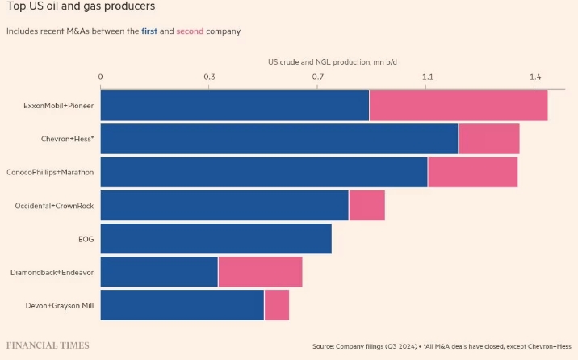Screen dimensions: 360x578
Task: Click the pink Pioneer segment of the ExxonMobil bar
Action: tap(459, 106)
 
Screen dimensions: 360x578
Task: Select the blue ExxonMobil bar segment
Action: tap(235, 106)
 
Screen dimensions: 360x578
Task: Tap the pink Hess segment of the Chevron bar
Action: tap(488, 139)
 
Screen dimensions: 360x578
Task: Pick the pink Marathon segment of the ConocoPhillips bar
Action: tap(472, 172)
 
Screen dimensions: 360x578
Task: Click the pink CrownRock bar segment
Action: tap(366, 205)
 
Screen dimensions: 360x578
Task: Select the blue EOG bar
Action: tap(216, 238)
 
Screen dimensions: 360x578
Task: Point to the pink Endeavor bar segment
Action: tap(260, 271)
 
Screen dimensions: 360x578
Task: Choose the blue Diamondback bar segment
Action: tap(159, 271)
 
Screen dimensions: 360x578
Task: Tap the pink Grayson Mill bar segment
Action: tap(276, 304)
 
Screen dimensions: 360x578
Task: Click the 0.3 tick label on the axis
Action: tap(209, 77)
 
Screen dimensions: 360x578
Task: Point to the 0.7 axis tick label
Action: tap(318, 77)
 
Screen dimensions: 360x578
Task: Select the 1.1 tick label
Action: tap(427, 77)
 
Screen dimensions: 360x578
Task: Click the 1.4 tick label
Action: tap(534, 77)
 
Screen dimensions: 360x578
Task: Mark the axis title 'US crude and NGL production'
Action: tap(333, 61)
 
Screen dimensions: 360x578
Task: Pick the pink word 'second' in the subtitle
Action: tap(191, 31)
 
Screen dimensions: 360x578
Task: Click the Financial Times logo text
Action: tap(48, 345)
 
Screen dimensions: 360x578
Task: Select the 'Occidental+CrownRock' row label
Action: tap(54, 206)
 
